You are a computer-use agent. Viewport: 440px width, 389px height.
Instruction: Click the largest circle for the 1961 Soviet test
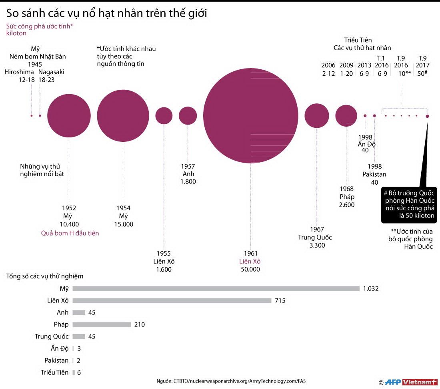251,116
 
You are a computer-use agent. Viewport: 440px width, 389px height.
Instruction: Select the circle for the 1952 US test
69,116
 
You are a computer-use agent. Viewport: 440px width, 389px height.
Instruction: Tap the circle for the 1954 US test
123,116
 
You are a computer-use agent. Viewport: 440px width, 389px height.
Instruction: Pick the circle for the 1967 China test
316,116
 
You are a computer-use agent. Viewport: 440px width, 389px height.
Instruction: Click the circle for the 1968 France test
346,116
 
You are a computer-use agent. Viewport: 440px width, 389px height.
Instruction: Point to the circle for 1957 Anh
188,116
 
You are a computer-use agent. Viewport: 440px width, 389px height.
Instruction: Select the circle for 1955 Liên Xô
164,116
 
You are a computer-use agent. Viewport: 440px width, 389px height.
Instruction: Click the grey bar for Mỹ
216,288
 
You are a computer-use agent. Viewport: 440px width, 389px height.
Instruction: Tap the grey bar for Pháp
102,325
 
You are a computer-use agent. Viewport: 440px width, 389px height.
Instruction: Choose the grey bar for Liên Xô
172,300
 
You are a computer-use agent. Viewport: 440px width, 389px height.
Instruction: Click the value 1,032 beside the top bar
370,288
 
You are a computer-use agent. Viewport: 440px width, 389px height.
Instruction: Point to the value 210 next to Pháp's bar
139,325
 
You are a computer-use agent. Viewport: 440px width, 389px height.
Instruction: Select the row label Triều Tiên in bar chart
55,373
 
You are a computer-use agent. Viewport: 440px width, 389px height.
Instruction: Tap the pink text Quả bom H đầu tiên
70,233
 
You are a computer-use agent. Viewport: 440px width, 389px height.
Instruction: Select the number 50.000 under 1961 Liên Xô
250,269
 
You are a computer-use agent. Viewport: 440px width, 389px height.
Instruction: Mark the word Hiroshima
19,72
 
